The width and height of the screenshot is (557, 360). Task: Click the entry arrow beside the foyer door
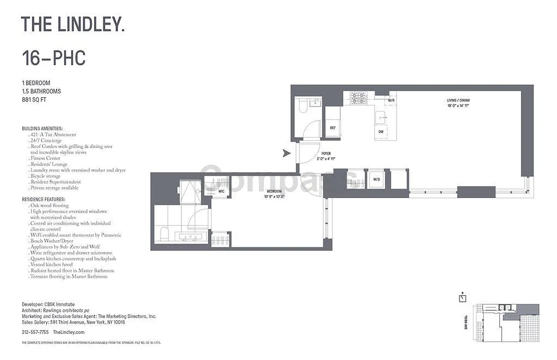[x=286, y=153]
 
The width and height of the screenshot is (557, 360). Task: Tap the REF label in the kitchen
[x=333, y=128]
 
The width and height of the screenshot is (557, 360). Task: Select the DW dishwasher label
[x=381, y=132]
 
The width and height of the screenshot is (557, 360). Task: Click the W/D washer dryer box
[x=376, y=179]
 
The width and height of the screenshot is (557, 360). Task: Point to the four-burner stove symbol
[x=359, y=98]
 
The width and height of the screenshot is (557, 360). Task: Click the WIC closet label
[x=221, y=191]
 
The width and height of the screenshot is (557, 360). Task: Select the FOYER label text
[x=326, y=154]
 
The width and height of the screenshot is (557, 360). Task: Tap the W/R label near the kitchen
[x=391, y=100]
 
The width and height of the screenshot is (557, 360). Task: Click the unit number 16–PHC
[x=54, y=58]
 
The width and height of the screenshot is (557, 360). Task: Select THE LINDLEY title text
[x=72, y=24]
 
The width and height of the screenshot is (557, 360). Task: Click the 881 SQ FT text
[x=34, y=99]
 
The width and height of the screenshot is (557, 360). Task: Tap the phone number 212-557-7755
[x=35, y=332]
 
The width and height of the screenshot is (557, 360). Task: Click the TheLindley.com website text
[x=68, y=332]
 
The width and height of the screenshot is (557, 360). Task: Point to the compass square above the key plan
[x=462, y=298]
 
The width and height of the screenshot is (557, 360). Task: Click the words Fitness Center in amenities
[x=45, y=158]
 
